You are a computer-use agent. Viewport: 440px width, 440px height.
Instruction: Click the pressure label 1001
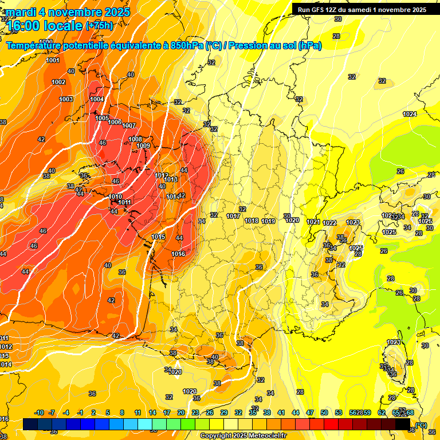tap(53, 60)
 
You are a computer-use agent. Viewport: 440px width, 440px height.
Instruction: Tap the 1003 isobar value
tap(66, 99)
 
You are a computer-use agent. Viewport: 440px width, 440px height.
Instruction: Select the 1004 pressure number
tap(97, 99)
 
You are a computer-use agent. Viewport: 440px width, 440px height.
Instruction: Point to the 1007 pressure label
tap(129, 125)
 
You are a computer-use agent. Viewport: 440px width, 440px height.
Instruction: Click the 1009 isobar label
tap(143, 146)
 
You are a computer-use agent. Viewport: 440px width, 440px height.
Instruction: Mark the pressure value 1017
tap(233, 216)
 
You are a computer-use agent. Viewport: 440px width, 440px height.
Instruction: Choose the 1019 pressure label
tap(268, 221)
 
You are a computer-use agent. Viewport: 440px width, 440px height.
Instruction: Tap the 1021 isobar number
tap(313, 222)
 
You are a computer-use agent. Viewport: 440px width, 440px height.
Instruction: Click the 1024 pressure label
tap(410, 114)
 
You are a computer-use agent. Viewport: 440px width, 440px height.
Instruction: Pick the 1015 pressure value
tap(159, 237)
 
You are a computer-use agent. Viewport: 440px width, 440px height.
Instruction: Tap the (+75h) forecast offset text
tap(99, 25)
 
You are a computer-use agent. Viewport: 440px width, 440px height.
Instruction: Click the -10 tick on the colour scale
tap(40, 412)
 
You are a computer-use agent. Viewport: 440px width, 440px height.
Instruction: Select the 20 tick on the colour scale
tap(180, 412)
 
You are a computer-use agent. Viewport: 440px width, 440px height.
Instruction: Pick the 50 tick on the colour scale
tap(324, 412)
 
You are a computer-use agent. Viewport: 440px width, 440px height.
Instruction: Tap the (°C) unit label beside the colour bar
tap(421, 425)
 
